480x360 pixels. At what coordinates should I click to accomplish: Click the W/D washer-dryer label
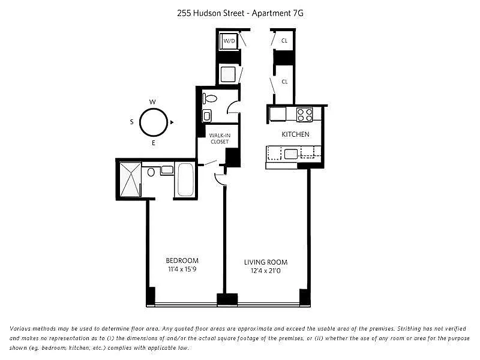coord(229,40)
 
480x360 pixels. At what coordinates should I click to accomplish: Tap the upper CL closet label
coord(284,40)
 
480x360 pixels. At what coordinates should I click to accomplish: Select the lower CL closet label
coord(284,82)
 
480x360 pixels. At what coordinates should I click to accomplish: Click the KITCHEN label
coord(295,134)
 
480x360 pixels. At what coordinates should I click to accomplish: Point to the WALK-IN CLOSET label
coord(220,139)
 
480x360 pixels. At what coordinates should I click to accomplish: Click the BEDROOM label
coord(182,260)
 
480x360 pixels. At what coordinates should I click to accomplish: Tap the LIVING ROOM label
coord(266,262)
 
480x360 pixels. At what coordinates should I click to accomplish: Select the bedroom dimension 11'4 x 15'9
coord(182,269)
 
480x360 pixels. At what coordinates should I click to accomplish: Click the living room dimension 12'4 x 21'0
coord(266,271)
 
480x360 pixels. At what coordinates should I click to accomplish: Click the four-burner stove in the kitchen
coord(305,115)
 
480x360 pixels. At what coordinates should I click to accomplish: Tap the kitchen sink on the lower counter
coord(291,154)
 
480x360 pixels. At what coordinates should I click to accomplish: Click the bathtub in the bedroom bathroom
coord(186,179)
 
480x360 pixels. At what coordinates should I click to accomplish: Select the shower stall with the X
coord(130,179)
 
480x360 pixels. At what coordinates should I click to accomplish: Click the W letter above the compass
coord(152,102)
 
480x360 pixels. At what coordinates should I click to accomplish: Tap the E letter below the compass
coord(154,143)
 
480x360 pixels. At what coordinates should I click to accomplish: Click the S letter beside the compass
coord(131,122)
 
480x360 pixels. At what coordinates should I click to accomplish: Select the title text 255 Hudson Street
coord(211,13)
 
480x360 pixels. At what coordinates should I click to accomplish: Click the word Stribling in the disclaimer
coord(410,329)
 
